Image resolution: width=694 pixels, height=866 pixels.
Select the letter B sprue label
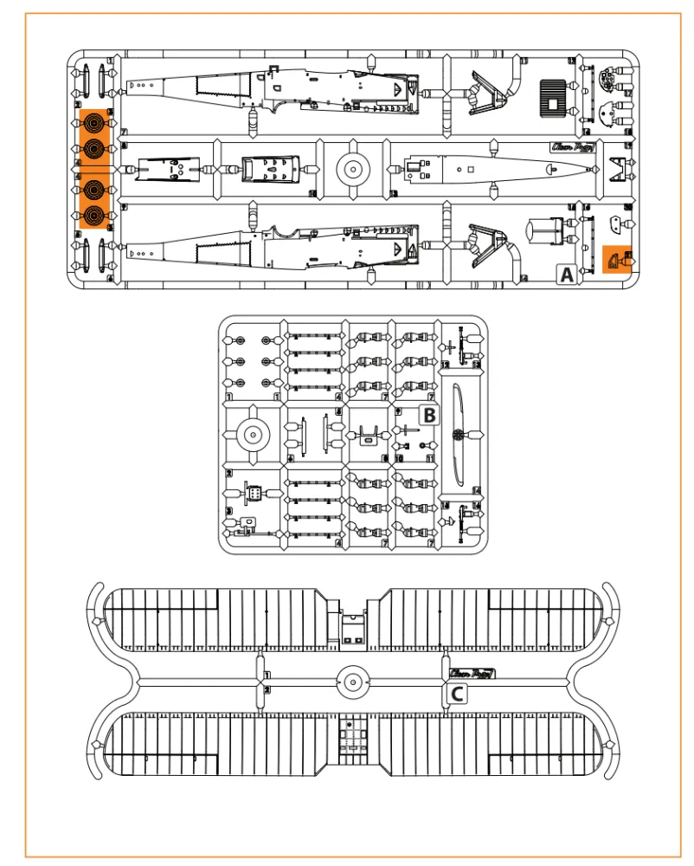click(428, 415)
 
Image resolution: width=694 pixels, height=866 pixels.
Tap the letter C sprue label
click(457, 693)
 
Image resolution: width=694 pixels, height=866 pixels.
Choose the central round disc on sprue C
click(351, 682)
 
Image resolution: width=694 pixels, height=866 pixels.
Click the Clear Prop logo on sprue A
click(569, 146)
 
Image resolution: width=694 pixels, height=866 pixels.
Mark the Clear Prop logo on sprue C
click(472, 674)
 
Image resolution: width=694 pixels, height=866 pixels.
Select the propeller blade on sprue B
click(459, 433)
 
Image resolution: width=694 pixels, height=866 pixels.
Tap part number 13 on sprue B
click(476, 365)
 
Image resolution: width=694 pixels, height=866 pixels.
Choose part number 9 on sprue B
click(397, 410)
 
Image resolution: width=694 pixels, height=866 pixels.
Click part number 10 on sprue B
click(399, 456)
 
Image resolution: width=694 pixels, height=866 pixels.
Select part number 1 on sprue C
click(267, 675)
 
